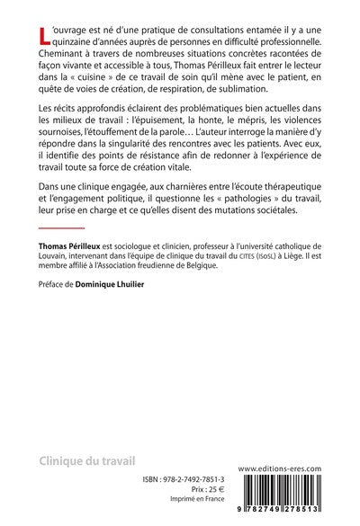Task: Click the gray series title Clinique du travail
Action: (86, 461)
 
